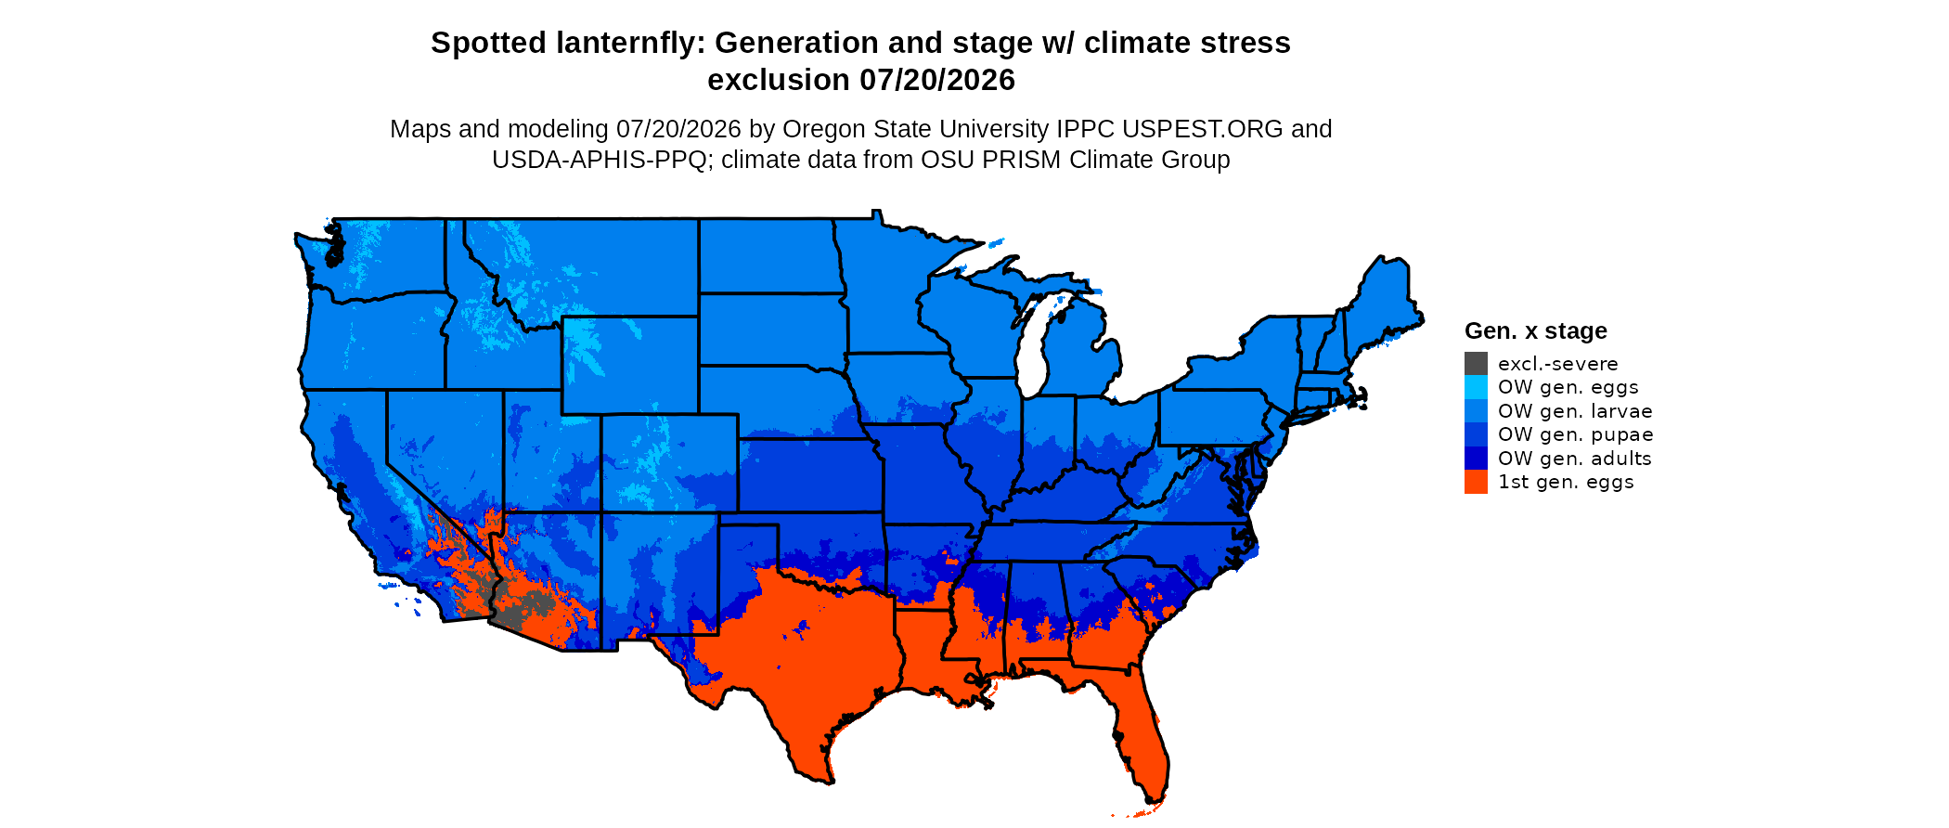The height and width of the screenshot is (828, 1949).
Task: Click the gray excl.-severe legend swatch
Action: tap(1476, 363)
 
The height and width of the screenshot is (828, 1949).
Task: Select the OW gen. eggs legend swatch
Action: tap(1476, 387)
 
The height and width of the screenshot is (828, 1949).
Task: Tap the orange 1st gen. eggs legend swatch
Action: tap(1476, 482)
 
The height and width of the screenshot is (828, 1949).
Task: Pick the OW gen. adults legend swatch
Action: tap(1476, 458)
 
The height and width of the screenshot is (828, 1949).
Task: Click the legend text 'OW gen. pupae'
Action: tap(1575, 434)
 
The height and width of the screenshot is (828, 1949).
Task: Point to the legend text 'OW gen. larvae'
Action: tap(1575, 410)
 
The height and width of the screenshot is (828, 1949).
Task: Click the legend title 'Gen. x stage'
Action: tap(1536, 330)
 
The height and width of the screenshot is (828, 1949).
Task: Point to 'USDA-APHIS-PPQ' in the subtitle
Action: tap(600, 160)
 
